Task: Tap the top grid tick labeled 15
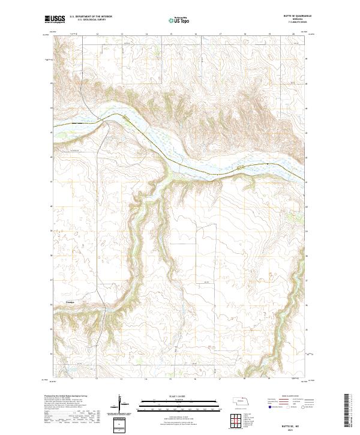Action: [x=171, y=35]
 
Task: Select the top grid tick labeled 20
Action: [x=293, y=35]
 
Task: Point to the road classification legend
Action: [x=290, y=403]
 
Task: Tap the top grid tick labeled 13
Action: [x=122, y=35]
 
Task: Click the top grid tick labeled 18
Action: [x=245, y=35]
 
